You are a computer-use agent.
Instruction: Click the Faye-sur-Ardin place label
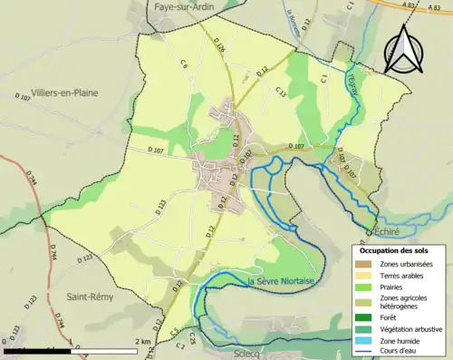coord(189,6)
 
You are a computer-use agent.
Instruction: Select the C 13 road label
coord(280,92)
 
